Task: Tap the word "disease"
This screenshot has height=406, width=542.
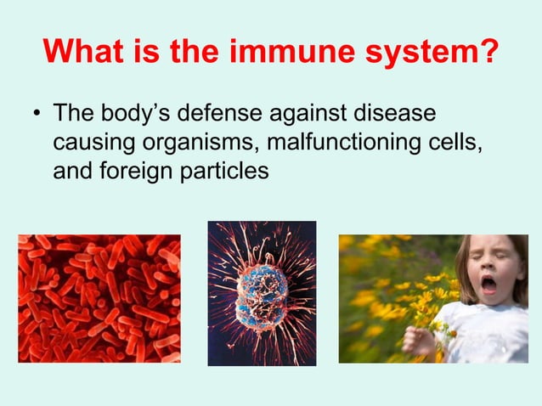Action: tap(406, 114)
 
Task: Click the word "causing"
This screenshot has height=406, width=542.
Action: tap(93, 143)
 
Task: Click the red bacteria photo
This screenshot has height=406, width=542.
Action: tap(99, 298)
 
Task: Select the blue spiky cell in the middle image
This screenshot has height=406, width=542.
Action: tap(262, 293)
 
